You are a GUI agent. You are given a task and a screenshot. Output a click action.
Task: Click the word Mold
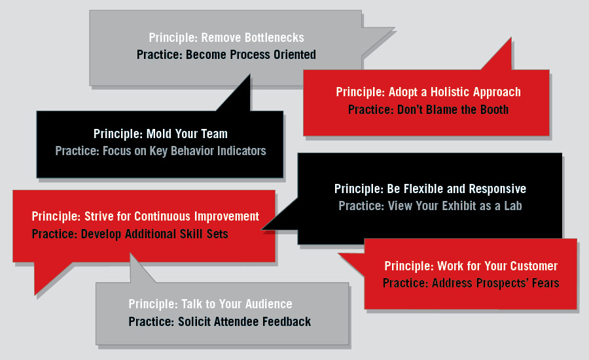158,134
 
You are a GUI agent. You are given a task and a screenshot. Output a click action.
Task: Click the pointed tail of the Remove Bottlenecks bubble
394,27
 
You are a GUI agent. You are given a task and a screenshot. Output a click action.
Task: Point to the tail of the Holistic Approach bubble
511,38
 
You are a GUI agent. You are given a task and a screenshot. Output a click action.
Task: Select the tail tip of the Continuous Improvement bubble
35,295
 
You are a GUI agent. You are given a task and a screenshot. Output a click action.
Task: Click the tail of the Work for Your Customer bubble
339,254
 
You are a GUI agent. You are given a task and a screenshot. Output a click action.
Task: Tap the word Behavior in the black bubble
192,151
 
